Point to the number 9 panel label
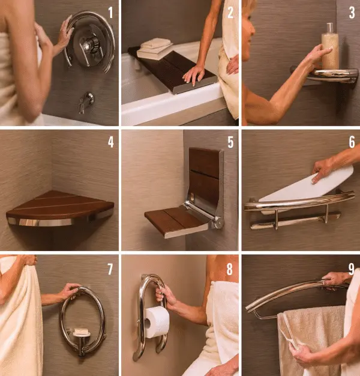point(350,267)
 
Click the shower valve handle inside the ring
point(91,43)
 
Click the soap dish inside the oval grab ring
point(80,332)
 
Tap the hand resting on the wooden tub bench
point(193,74)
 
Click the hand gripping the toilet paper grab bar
point(166,295)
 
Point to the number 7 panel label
point(110,267)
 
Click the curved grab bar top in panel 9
point(288,291)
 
